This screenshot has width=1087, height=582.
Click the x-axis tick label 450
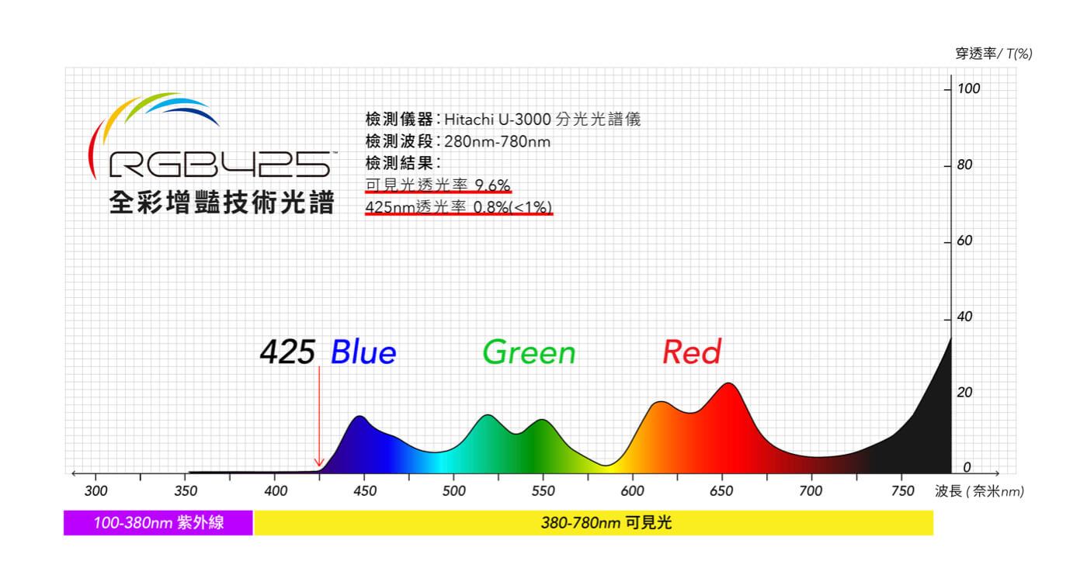[364, 491]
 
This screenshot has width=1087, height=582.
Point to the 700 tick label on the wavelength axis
[811, 491]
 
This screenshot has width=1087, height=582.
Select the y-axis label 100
[968, 89]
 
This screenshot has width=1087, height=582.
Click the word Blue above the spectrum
[363, 353]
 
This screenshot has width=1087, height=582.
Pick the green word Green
[529, 353]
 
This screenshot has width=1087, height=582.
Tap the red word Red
[691, 353]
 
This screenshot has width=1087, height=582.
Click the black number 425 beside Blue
[287, 353]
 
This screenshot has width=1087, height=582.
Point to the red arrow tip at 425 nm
[318, 466]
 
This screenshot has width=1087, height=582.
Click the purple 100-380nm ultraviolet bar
[158, 523]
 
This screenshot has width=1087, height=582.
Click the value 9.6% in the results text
[492, 185]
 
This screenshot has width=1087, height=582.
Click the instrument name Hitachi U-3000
[498, 120]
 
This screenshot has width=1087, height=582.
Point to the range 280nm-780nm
[497, 142]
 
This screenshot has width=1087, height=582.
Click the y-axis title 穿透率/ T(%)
[993, 54]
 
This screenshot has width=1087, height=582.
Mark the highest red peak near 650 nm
[729, 384]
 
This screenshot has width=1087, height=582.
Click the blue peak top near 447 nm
[359, 417]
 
